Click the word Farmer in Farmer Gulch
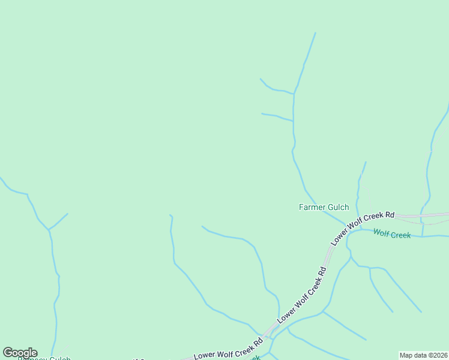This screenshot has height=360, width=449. click(312, 208)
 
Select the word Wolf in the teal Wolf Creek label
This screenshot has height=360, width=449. click(381, 233)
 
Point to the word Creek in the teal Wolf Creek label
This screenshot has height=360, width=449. click(400, 235)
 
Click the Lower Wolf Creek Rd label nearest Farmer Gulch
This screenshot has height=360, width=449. click(363, 227)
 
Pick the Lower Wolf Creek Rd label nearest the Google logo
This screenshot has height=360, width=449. click(228, 349)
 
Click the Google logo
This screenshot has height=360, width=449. click(20, 353)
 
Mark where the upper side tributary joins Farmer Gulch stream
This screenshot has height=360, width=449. click(294, 94)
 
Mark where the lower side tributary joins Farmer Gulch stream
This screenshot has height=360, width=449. click(293, 121)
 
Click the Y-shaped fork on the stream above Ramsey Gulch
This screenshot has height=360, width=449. click(49, 229)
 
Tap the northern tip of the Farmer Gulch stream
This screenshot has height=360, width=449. click(315, 33)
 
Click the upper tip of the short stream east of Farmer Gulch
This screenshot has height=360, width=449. click(366, 162)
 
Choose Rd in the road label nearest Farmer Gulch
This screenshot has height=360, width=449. click(390, 215)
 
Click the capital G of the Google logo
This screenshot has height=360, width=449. click(8, 353)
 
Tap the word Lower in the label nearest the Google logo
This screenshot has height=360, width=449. click(205, 353)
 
